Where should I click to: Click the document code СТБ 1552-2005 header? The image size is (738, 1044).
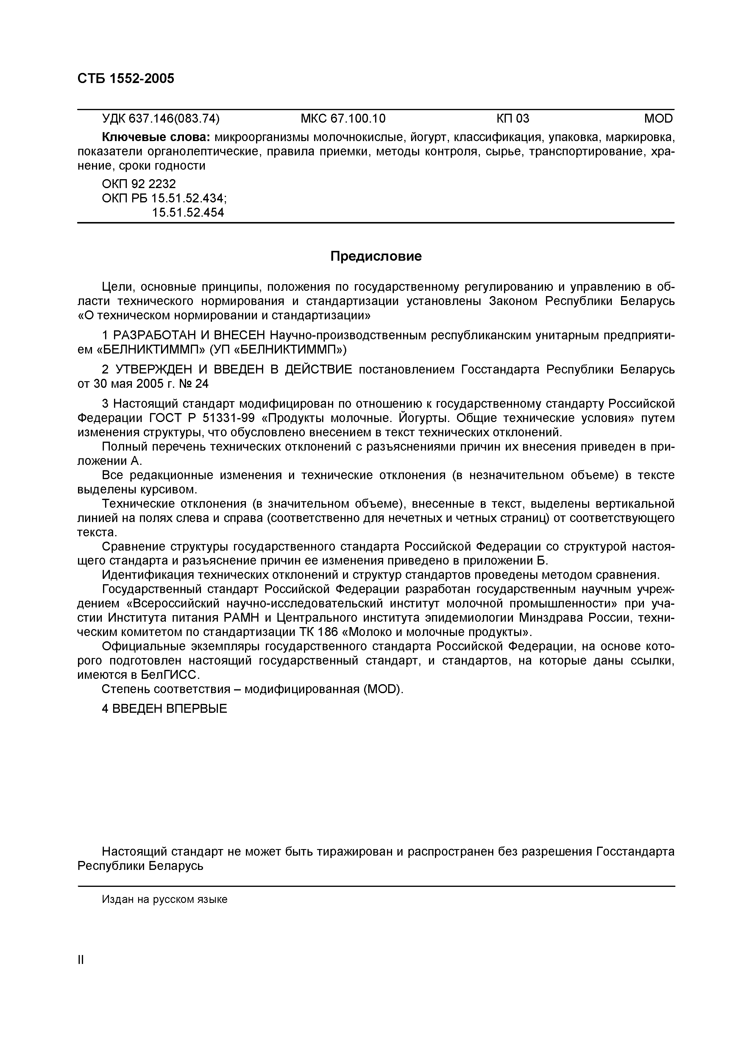tap(126, 79)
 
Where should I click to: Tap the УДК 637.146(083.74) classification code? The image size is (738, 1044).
tap(160, 119)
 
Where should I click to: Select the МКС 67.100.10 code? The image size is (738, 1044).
tap(343, 119)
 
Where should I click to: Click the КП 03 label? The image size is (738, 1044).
tap(513, 119)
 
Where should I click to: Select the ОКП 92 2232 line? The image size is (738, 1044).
tap(139, 184)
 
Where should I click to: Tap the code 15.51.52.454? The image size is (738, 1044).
tap(188, 212)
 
